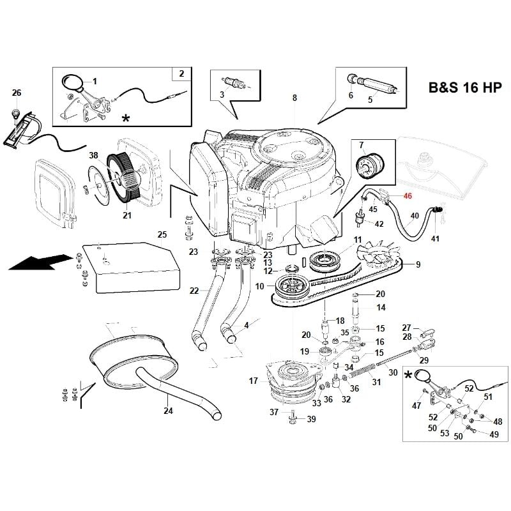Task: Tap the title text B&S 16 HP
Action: [464, 89]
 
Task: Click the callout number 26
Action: [17, 93]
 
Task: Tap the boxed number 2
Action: [181, 74]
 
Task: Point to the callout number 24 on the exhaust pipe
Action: [168, 411]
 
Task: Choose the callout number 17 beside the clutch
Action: [254, 381]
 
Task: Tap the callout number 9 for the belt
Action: [418, 264]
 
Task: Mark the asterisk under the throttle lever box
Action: [126, 119]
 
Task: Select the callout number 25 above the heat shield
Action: [162, 234]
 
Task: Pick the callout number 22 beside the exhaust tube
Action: [194, 291]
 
